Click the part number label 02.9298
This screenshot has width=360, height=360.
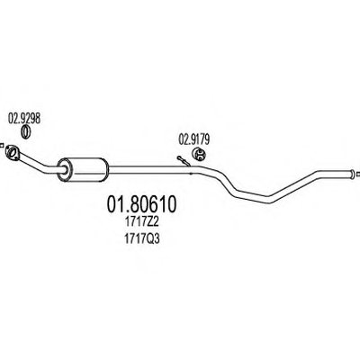(24, 119)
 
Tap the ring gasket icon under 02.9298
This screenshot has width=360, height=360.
(26, 132)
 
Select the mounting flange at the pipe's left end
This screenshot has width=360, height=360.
(13, 152)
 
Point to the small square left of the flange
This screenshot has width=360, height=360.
(2, 146)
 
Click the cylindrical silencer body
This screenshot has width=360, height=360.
(84, 169)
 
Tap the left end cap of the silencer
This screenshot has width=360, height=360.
(64, 170)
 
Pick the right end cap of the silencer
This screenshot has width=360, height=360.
(106, 169)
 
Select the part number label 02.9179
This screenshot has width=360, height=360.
(194, 139)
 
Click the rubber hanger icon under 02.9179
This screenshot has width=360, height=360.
(198, 154)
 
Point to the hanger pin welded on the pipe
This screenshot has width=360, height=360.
(183, 161)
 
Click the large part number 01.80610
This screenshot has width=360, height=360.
(141, 205)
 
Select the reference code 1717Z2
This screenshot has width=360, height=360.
(141, 223)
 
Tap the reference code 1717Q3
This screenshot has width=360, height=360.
(141, 239)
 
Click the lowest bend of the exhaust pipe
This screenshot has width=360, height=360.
(269, 200)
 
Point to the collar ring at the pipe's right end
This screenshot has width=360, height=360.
(351, 174)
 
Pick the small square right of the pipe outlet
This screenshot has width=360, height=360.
(358, 174)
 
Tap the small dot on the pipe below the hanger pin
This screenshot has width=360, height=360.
(191, 173)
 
